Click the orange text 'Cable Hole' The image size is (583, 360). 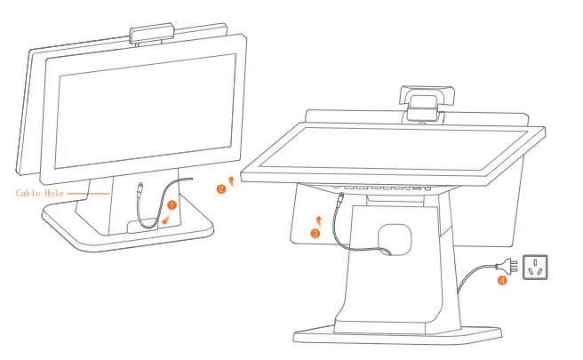click(40, 192)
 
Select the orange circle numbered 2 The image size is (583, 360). click(221, 188)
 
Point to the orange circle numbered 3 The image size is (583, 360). click(315, 233)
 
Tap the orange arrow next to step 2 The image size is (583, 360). click(231, 180)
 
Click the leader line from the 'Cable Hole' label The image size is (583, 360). click(89, 192)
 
